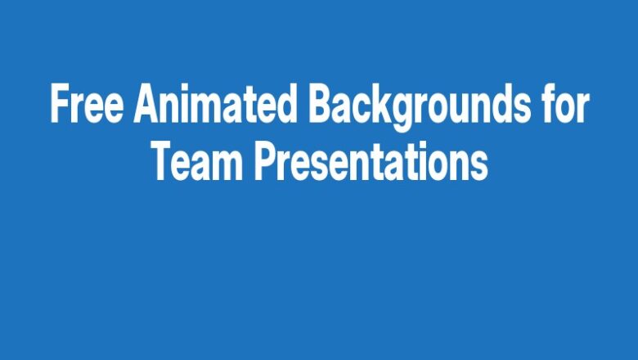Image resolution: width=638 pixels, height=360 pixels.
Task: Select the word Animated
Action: (x=217, y=105)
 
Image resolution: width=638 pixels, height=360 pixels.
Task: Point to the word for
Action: (x=564, y=105)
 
